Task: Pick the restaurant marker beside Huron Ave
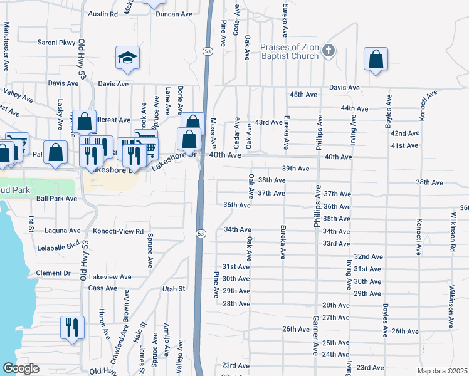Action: click(71, 326)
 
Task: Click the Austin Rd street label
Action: click(103, 14)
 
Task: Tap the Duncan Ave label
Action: click(174, 14)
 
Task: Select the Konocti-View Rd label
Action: click(118, 231)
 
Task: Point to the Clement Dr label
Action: click(53, 273)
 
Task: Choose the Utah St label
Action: click(174, 289)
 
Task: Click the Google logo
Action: click(21, 368)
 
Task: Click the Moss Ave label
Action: click(213, 130)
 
